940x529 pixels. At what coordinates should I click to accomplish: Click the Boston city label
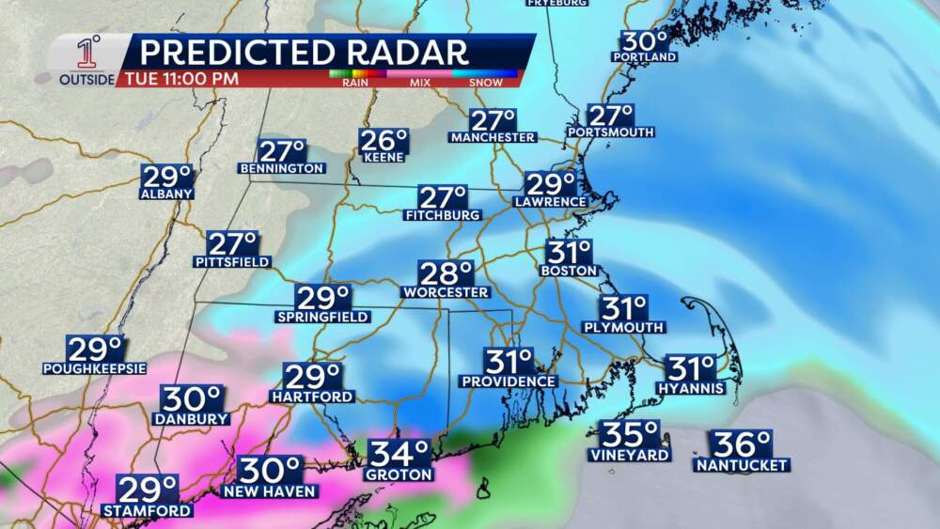coord(569,271)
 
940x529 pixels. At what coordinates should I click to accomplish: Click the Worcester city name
coord(446,292)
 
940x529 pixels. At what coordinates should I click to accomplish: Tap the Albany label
coord(166,194)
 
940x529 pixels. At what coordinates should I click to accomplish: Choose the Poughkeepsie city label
coord(94,368)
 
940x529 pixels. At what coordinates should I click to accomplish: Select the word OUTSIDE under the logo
coord(87,80)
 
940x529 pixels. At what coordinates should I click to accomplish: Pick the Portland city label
coord(644,57)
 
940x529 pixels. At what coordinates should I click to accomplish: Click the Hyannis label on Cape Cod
coord(691,388)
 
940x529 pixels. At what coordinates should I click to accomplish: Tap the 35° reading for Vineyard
coord(631,435)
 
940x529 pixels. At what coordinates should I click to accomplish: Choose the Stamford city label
coord(149,511)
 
